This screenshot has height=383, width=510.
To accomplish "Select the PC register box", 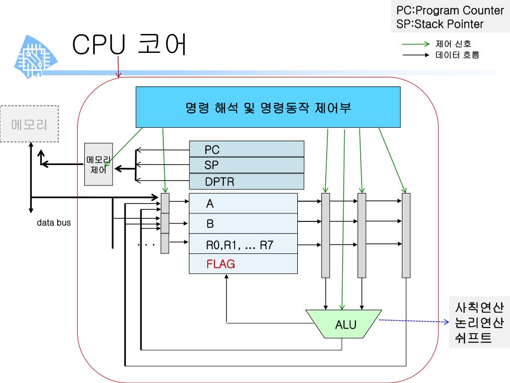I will (247, 149).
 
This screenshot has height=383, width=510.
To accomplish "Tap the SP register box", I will (247, 165).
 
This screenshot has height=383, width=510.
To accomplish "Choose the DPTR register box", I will (247, 182).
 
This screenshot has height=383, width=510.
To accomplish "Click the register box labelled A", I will (243, 203).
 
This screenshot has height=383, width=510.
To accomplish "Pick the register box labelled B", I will (243, 224).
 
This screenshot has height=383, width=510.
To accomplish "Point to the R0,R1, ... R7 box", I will (243, 244).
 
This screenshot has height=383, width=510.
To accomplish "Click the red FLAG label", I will (221, 264).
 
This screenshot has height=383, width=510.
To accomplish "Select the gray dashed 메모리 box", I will (29, 124).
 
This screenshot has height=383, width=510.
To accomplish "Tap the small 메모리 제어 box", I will (99, 164).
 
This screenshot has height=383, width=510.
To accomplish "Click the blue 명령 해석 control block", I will (268, 107).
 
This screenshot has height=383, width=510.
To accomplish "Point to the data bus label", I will (54, 223).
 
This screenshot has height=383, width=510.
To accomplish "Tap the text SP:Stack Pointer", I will (440, 24).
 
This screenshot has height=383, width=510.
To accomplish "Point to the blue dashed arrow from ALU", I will (413, 322).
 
